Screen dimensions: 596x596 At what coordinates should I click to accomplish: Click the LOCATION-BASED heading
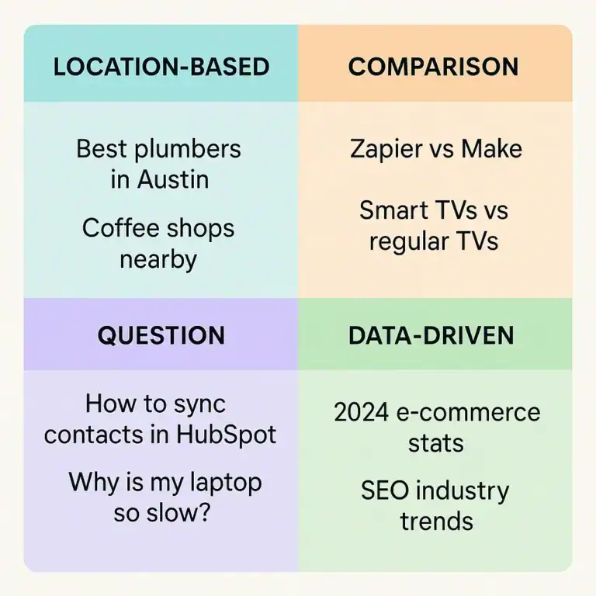[x=161, y=66]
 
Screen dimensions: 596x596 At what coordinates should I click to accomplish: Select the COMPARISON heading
[x=433, y=66]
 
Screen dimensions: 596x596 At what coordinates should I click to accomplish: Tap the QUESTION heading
[x=161, y=335]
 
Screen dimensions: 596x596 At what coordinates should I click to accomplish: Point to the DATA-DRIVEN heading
[x=431, y=335]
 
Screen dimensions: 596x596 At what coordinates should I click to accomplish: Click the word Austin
[x=172, y=179]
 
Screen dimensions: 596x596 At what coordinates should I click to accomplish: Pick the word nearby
[x=159, y=259]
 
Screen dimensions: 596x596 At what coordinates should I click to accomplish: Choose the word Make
[x=492, y=148]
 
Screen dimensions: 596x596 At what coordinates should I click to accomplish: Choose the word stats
[x=436, y=443]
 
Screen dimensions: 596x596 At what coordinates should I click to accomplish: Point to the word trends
[x=436, y=521]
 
